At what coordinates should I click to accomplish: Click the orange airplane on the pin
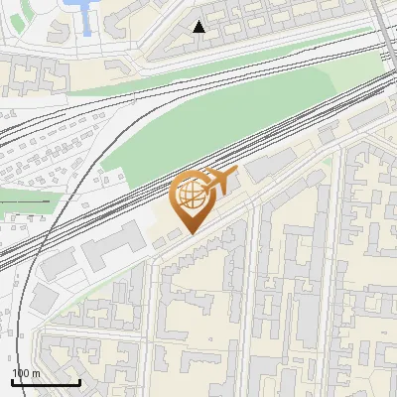coord(215,181)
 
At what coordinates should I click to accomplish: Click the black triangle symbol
coord(199,27)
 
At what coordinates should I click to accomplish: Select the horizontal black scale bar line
coord(46,382)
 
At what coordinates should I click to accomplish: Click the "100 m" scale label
coord(26,373)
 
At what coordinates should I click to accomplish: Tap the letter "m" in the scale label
coord(37,373)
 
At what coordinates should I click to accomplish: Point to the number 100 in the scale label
coord(21,373)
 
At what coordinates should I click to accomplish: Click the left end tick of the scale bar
coord(13,380)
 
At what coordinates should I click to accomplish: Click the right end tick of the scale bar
coord(79,380)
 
